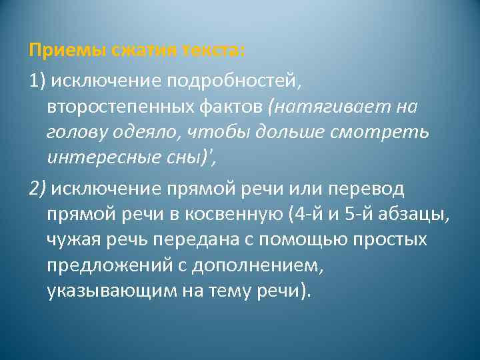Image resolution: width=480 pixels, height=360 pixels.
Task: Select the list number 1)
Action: tap(37, 81)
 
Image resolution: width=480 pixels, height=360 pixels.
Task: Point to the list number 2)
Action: tap(37, 189)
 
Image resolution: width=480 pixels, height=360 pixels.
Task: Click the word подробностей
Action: tap(241, 81)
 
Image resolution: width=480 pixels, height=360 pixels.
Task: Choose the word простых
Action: tap(391, 240)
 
